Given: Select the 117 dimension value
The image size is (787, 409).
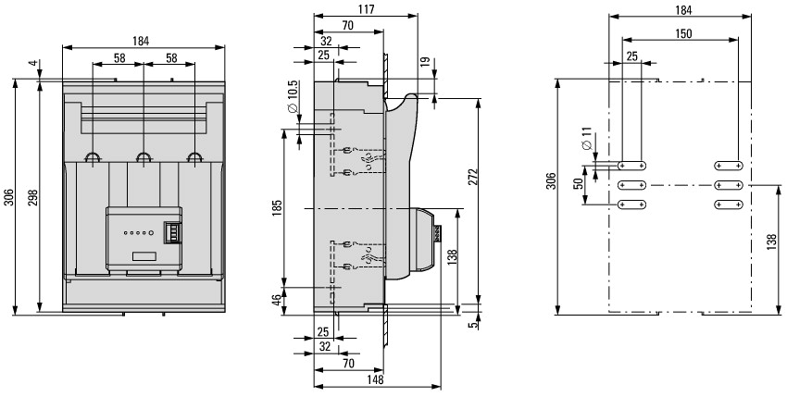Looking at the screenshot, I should (x=367, y=9).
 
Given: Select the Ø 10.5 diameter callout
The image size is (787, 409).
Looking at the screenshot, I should (x=293, y=97).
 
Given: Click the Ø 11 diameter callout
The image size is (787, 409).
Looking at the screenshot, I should (x=587, y=146).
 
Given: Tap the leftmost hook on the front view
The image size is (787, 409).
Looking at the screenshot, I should (x=93, y=158).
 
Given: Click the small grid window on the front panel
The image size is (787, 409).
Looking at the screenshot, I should (x=170, y=231).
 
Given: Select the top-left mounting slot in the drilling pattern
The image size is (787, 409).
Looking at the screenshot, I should (x=631, y=166).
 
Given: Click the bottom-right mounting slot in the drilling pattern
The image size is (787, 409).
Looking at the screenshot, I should (x=729, y=203).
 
